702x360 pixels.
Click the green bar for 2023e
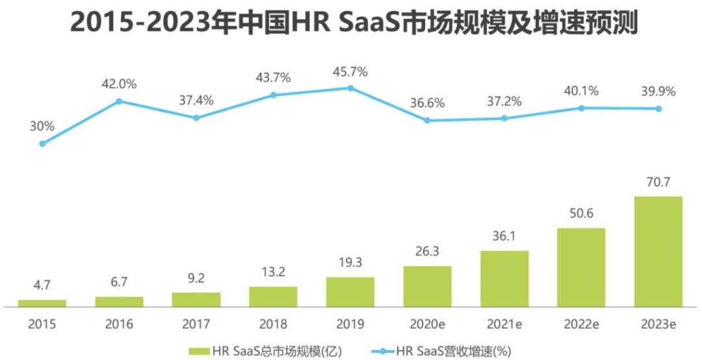[x=658, y=251]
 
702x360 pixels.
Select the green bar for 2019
[x=350, y=291]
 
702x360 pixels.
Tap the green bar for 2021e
[x=504, y=278]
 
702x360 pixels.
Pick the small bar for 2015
[x=42, y=302]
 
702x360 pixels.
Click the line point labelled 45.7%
[x=350, y=88]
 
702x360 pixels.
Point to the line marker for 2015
[x=42, y=144]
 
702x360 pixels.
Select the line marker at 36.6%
[x=427, y=120]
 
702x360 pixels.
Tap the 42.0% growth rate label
[x=119, y=83]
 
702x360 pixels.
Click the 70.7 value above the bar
[x=658, y=183]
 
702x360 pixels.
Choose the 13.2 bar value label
[x=273, y=273]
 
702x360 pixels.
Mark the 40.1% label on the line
[x=581, y=92]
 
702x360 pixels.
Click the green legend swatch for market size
[x=199, y=351]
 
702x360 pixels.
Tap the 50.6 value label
[x=581, y=214]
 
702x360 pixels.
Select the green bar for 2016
[x=119, y=301]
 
